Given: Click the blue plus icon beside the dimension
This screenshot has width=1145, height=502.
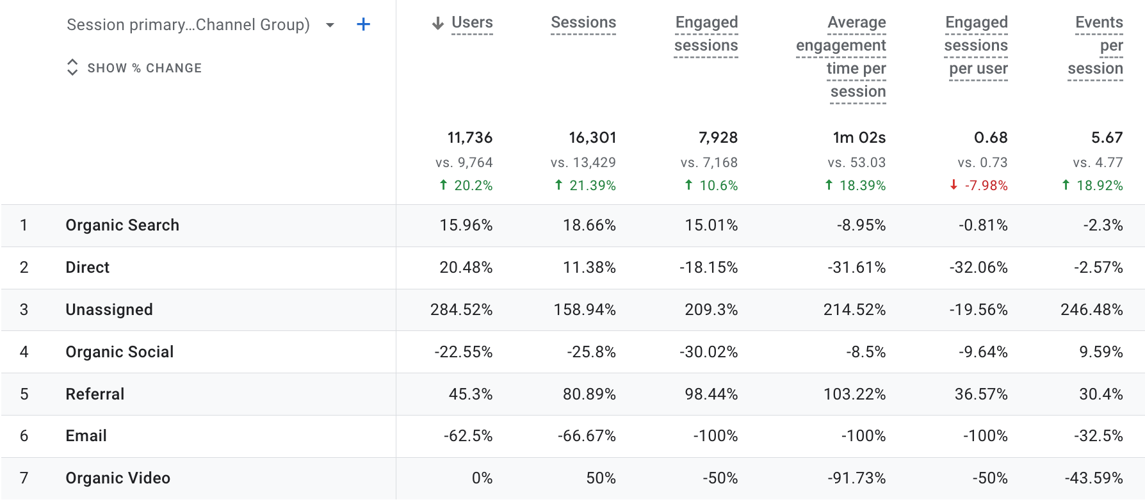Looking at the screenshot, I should click(363, 24).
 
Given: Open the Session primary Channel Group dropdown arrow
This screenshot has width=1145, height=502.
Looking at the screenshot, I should click(330, 25).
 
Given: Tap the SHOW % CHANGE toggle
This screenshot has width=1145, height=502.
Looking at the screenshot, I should click(134, 68).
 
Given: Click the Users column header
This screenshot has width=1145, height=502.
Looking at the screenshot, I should click(471, 22).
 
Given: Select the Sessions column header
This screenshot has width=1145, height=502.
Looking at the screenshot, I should click(583, 22).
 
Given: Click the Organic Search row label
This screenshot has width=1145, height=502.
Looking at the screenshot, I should click(122, 225).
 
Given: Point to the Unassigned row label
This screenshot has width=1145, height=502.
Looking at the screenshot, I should click(109, 310).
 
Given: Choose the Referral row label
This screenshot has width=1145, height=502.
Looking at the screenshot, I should click(95, 394).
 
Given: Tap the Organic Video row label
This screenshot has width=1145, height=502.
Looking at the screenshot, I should click(118, 478).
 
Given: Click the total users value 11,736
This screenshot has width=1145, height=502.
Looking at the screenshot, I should click(469, 138).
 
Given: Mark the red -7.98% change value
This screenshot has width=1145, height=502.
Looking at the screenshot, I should click(986, 186).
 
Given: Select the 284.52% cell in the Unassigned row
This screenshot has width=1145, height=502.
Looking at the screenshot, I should click(461, 310).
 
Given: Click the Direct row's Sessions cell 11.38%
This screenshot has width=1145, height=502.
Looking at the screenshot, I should click(589, 268).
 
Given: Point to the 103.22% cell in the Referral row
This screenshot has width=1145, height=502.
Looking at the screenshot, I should click(854, 394).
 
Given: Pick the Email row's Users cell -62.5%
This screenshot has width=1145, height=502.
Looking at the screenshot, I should click(467, 436).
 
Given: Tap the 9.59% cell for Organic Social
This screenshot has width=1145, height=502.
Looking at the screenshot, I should click(1101, 352).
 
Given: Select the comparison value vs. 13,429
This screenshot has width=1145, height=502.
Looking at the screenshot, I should click(583, 163).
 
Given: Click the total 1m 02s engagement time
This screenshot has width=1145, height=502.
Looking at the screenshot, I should click(859, 138).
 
